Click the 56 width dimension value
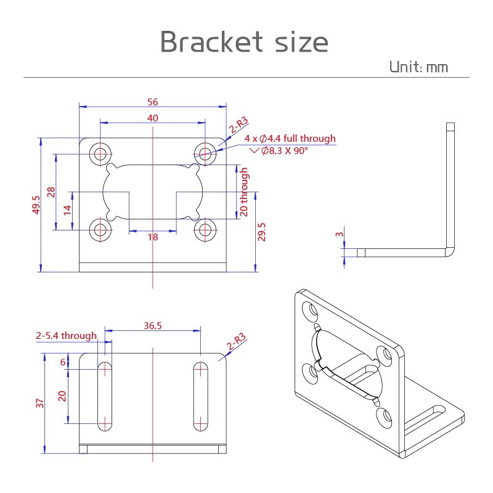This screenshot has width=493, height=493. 152,102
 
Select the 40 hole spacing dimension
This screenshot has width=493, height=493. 152,118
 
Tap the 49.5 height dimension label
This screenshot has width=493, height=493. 36,205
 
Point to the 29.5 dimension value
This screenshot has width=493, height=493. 261,232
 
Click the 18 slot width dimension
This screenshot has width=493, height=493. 153,237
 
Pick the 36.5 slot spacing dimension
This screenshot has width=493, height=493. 152,325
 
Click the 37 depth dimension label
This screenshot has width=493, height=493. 39,403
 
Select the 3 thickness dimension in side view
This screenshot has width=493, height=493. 340,234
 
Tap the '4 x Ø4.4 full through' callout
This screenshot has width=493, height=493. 290,138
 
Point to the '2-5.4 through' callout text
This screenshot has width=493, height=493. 67,335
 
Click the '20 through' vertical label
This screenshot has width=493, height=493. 244,192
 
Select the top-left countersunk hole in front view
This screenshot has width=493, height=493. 100,154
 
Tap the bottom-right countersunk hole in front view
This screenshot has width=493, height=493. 205,230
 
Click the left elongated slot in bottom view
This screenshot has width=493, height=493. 105,396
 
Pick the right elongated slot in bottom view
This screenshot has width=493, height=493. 200,396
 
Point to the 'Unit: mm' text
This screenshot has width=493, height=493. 419,67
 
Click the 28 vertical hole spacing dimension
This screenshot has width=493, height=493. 51,192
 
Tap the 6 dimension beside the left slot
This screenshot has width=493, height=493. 63,362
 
